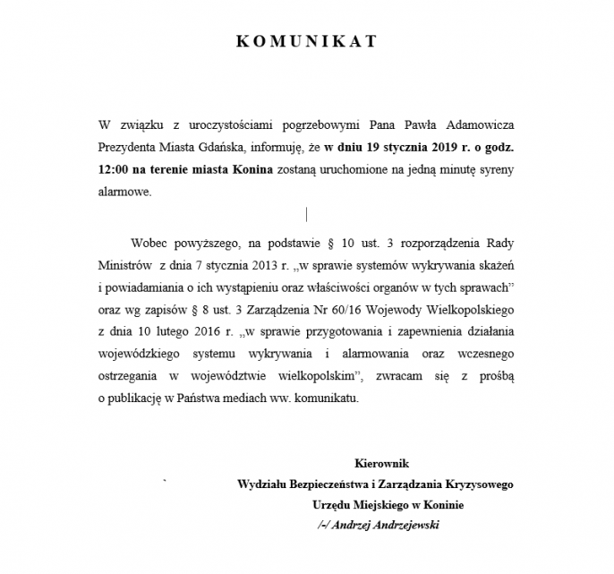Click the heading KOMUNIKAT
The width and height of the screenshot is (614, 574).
pos(306,41)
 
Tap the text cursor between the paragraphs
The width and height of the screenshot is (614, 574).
pos(307,214)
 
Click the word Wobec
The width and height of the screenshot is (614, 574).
pos(149,242)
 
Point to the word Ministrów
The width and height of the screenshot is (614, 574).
pos(124,265)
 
